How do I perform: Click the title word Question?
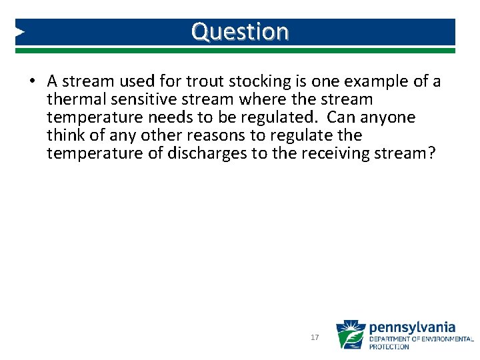240,31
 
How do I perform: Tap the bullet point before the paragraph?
32,82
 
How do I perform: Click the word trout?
205,81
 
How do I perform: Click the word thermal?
73,99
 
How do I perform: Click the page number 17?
315,338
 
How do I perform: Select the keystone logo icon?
350,335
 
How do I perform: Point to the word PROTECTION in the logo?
389,347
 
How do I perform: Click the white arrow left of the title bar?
21,31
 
